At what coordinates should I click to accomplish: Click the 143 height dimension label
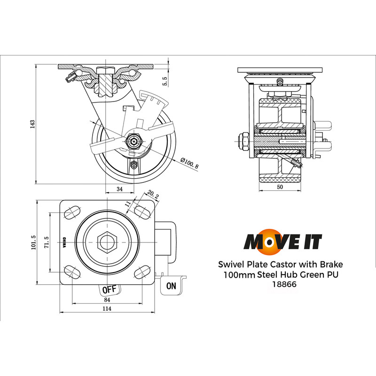pos(32,124)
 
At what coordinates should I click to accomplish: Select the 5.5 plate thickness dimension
pos(164,81)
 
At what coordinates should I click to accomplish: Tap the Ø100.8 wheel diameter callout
pos(189,165)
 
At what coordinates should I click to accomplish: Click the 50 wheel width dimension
pos(280,187)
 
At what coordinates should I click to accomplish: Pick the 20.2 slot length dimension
pos(153,194)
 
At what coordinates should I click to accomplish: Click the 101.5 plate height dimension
pos(33,243)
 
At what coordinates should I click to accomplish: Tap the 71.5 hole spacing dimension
pos(46,243)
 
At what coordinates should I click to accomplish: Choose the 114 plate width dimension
pos(108,309)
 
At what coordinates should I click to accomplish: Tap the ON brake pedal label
pos(171,285)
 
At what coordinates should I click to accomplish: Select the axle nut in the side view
pos(135,141)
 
